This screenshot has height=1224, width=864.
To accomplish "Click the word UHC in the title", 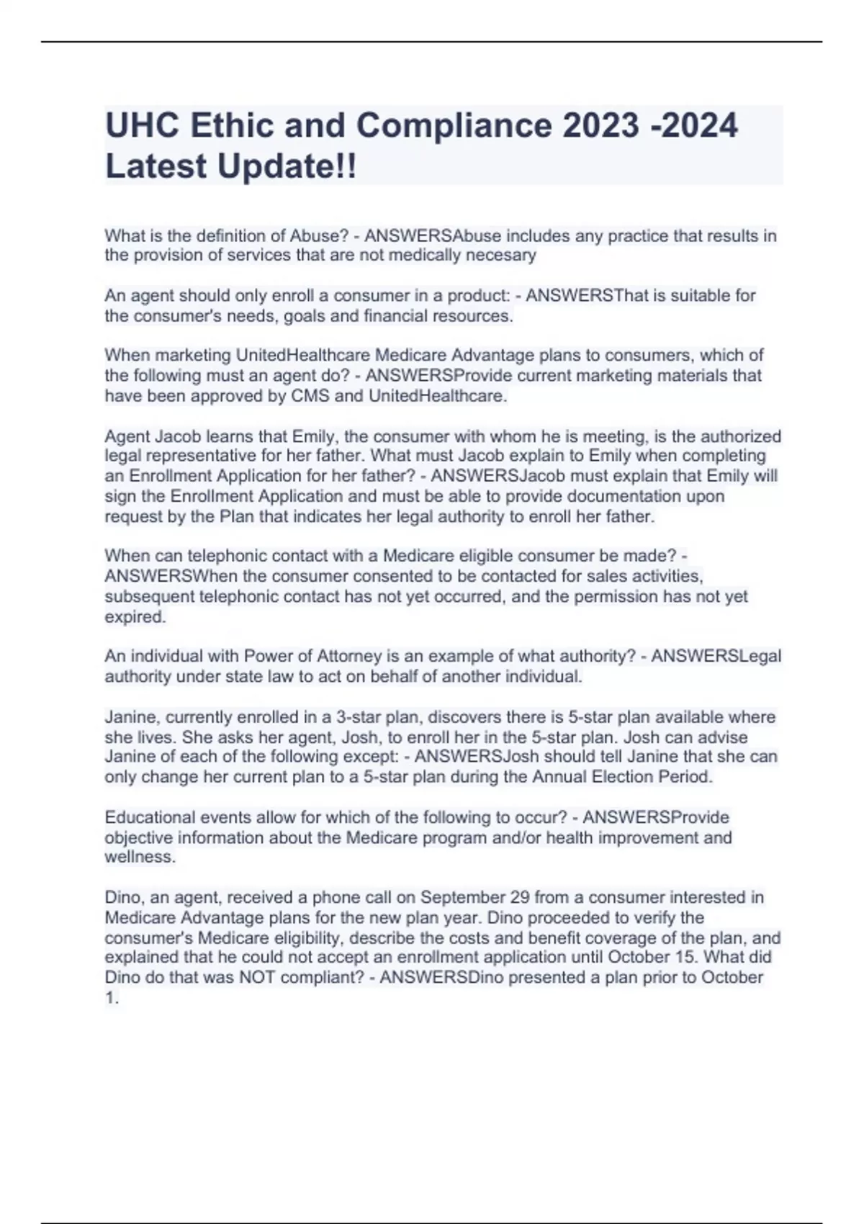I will point(142,125).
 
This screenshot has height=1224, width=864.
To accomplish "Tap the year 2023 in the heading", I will point(600,125).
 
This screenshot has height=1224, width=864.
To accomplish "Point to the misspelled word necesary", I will point(501,255).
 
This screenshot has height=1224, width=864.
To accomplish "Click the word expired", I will point(135,617).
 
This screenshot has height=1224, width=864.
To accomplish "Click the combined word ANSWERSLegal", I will point(716,656).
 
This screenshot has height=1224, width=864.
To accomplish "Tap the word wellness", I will point(140,858).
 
